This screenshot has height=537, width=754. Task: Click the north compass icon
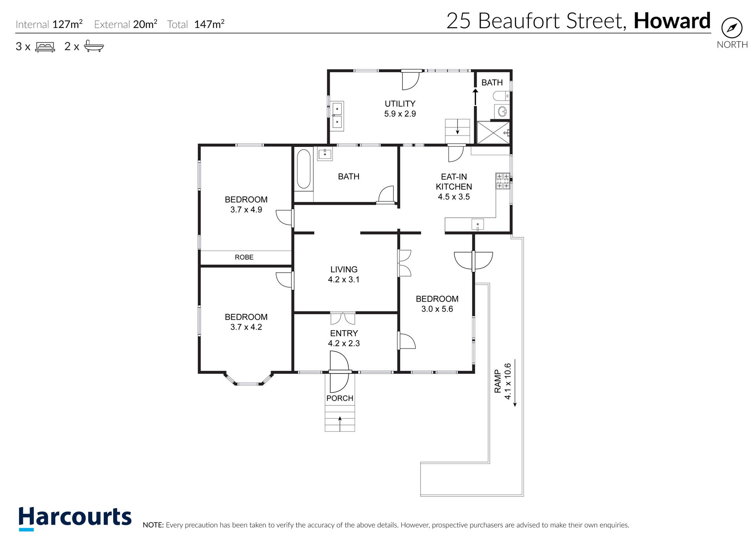click(732, 28)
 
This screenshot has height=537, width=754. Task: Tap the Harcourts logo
click(75, 518)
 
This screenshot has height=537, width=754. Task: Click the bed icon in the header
click(45, 47)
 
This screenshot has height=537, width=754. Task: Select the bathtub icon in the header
click(94, 46)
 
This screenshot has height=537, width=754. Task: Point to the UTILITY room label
click(400, 104)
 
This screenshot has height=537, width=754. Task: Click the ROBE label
click(244, 257)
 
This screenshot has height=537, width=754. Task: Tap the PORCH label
click(340, 398)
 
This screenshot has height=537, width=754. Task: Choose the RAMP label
click(498, 381)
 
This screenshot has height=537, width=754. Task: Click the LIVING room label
click(344, 269)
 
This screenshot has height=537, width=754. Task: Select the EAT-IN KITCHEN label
click(454, 182)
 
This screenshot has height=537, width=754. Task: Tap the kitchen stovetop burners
click(503, 181)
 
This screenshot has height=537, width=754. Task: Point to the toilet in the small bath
click(501, 96)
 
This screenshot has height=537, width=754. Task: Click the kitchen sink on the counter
click(478, 225)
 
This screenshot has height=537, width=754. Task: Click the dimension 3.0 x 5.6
click(437, 309)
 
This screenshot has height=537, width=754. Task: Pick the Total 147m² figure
click(196, 24)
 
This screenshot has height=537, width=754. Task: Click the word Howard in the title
click(672, 21)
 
